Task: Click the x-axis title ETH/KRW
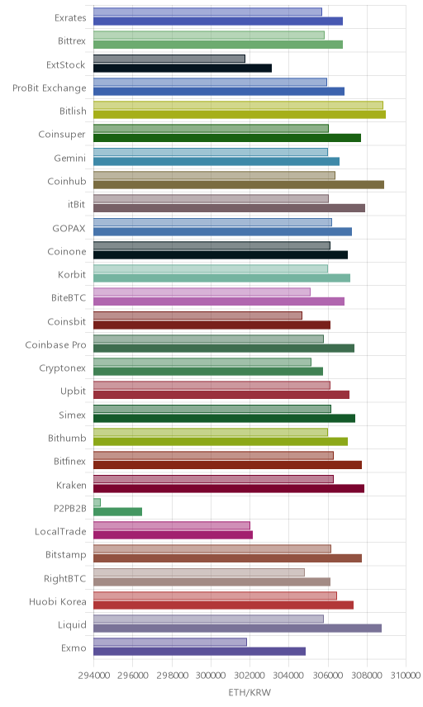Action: coord(250,692)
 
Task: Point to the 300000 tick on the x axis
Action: coord(211,676)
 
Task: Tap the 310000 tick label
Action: coord(406,676)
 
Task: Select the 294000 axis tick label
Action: coord(94,676)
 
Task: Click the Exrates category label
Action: coord(70,17)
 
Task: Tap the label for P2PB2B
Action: coord(70,508)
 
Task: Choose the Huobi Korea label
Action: coord(57,601)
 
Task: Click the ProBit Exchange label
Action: coord(49,88)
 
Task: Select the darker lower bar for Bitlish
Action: coord(240,115)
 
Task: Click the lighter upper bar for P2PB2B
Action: coord(97,502)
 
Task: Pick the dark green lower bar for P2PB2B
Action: coord(117,512)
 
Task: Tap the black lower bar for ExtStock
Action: coord(183,68)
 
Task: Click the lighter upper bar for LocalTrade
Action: coord(172,526)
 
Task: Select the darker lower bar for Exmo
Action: coord(199,651)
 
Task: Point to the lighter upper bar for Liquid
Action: coord(209,619)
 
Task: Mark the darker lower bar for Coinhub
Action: coord(239,184)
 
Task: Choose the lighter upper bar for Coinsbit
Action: coord(198,316)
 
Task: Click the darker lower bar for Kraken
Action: coord(229,488)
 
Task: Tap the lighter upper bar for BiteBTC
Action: coord(202,292)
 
